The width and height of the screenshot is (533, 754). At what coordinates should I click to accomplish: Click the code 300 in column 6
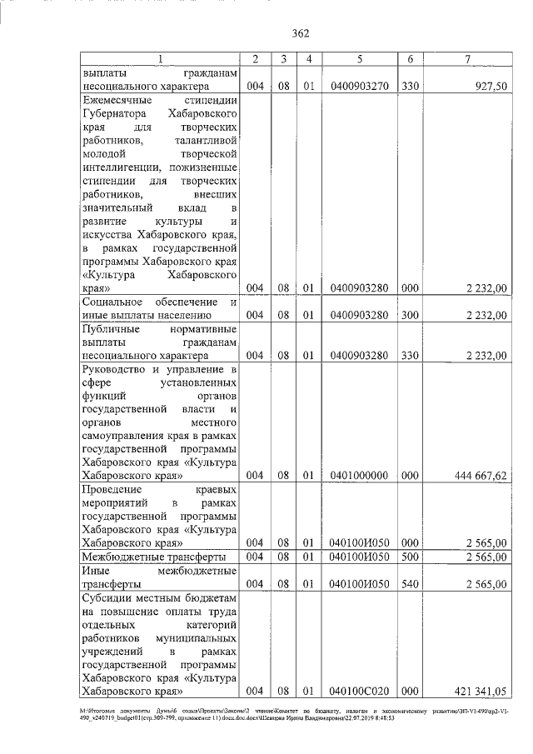pyautogui.click(x=409, y=315)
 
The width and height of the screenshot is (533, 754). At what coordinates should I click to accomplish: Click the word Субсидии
pyautogui.click(x=108, y=597)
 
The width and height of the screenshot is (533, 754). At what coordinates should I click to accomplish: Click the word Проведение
pyautogui.click(x=112, y=489)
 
